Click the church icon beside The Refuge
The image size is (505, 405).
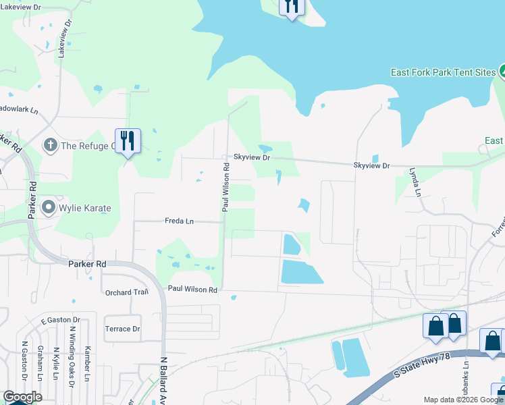(x=50, y=145)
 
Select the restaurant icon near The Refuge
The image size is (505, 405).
(x=128, y=140)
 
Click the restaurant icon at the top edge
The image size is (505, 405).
(x=291, y=7)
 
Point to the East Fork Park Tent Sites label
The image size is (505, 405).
(x=442, y=72)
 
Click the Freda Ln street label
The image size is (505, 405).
(x=179, y=221)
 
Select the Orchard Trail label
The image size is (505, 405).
(x=126, y=292)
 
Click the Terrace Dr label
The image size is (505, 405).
(x=122, y=329)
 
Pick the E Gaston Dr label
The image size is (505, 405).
(x=61, y=320)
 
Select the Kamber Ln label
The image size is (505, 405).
(x=87, y=364)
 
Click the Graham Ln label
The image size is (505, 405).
(x=40, y=368)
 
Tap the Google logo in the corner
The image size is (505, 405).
(x=22, y=397)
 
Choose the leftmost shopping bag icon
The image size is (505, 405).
(x=435, y=325)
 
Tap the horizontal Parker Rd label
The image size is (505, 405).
(x=87, y=264)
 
